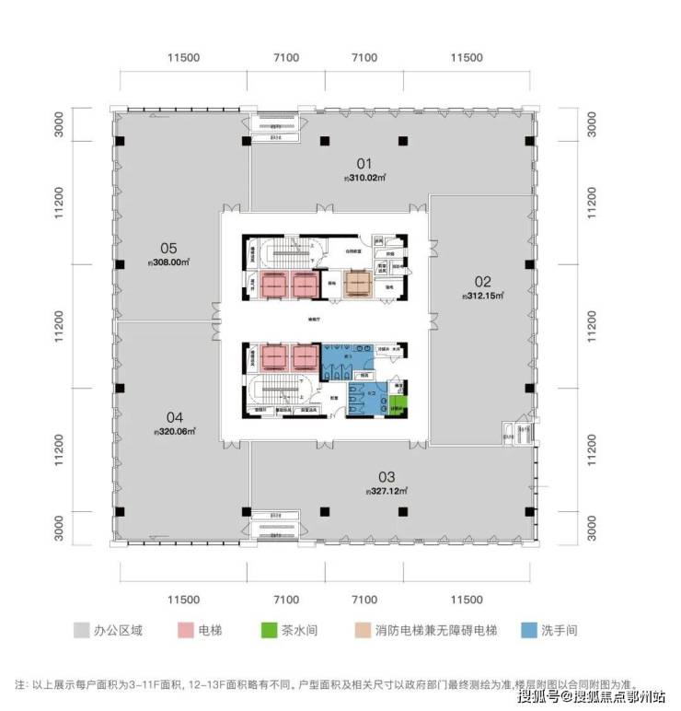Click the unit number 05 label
click(x=167, y=247)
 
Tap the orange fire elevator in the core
click(x=359, y=284)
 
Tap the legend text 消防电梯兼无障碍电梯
click(x=434, y=631)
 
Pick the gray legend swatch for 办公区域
click(x=81, y=631)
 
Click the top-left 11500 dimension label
click(x=184, y=58)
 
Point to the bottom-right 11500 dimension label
click(x=467, y=600)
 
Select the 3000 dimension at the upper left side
click(x=59, y=123)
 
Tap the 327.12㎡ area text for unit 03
click(x=386, y=491)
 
